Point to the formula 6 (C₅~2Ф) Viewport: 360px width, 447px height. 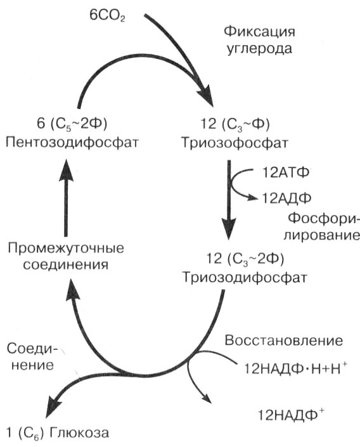coord(67,121)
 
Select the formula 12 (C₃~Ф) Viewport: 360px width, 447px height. coord(235,121)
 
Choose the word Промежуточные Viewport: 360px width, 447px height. coord(65,246)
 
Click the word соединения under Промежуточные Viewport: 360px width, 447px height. coord(65,263)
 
